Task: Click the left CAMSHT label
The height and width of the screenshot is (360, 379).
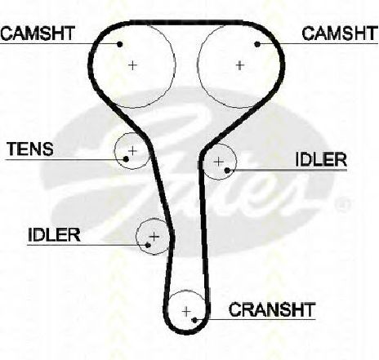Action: pos(38,33)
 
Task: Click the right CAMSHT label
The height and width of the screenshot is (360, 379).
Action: pos(340,33)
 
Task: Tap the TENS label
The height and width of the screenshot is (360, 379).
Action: pos(30,149)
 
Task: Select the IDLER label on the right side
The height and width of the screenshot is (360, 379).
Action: pos(321,160)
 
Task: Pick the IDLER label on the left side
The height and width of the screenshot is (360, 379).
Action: pos(54,234)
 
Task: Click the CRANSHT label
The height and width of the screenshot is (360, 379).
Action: pos(272,309)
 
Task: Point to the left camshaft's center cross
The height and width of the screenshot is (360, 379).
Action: pos(132,65)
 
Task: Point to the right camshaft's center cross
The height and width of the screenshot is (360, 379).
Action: pos(239,65)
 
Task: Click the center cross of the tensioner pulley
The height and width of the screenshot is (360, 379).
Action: pos(132,150)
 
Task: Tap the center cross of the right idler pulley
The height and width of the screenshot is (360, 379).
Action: pos(219,162)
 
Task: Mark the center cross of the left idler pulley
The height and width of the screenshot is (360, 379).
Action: pos(154,237)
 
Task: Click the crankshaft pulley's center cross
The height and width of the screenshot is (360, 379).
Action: pos(186,311)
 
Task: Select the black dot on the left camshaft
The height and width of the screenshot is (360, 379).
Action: pos(120,44)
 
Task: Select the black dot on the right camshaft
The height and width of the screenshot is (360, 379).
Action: pos(257,44)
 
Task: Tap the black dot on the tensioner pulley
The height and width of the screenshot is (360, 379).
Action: pos(126,159)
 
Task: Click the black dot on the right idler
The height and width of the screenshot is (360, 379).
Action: pos(227,171)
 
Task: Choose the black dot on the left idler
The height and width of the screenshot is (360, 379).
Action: pos(148,245)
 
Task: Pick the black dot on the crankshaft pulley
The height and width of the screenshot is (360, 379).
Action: pos(194,320)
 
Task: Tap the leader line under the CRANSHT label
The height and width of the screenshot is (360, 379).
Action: pos(256,319)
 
